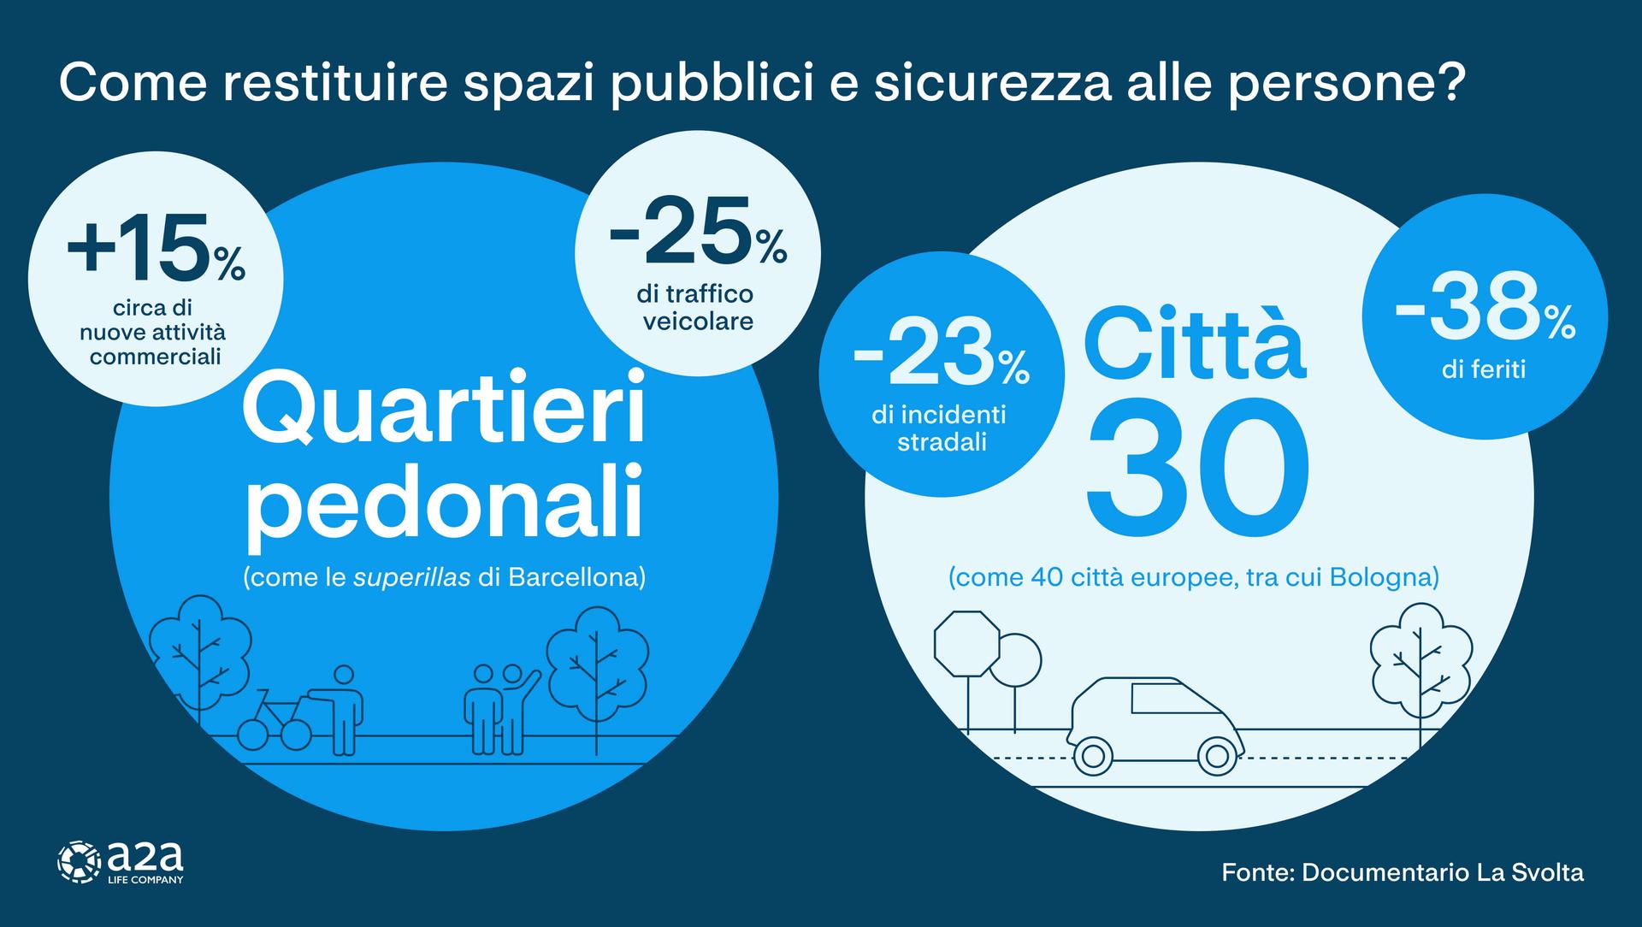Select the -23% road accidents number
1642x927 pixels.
click(x=941, y=355)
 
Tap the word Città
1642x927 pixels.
click(x=1195, y=343)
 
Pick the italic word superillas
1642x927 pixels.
click(x=412, y=577)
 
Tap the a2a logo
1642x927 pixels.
click(x=120, y=861)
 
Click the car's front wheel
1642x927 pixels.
click(x=1093, y=754)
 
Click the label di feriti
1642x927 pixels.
click(x=1484, y=370)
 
